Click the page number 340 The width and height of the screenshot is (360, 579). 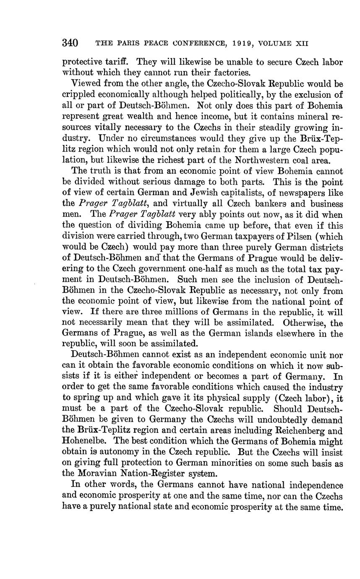pyautogui.click(x=70, y=43)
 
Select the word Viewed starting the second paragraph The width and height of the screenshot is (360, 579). pyautogui.click(x=85, y=84)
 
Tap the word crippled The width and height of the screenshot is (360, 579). pyautogui.click(x=78, y=95)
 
